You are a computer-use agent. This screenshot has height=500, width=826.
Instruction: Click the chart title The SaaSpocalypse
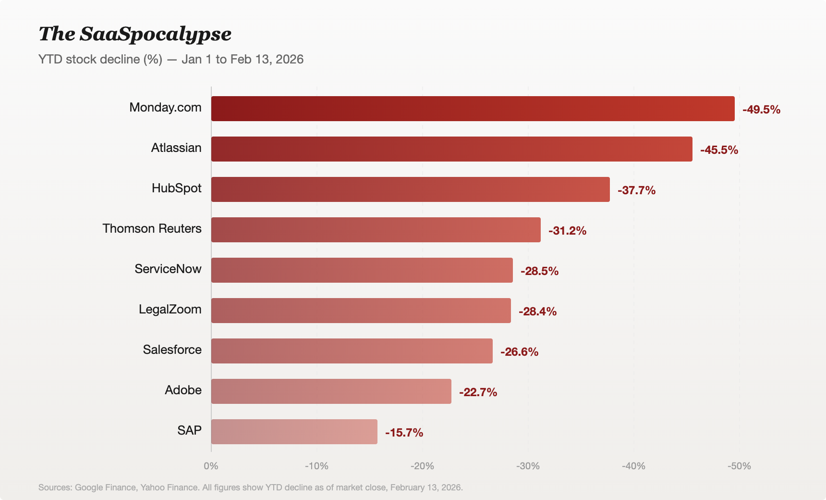[x=135, y=34]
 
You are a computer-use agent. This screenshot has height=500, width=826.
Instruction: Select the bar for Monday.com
[x=473, y=109]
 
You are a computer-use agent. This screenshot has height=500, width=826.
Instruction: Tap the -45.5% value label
[x=719, y=150]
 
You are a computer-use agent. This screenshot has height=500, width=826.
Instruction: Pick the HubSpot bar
[x=410, y=189]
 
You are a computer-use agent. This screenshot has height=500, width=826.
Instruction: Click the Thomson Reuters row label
[x=152, y=228]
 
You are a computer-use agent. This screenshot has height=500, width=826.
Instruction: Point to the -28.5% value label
[x=539, y=271]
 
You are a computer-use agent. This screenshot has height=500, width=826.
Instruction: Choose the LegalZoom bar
[x=361, y=311]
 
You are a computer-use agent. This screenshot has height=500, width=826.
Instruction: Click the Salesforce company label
[x=172, y=350]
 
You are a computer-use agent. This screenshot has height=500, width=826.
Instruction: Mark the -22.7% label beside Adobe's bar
[x=478, y=392]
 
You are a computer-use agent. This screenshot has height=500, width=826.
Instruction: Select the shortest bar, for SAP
[x=294, y=432]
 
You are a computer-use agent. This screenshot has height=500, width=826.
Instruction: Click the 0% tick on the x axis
[x=211, y=466]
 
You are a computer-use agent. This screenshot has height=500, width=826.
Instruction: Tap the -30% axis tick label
[x=528, y=466]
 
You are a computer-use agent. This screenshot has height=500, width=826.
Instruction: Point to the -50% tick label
[x=739, y=466]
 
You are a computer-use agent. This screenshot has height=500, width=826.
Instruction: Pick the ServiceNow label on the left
[x=168, y=269]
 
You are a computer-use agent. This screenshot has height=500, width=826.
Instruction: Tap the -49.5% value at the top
[x=761, y=110]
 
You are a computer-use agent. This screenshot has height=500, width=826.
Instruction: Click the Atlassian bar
[x=451, y=149]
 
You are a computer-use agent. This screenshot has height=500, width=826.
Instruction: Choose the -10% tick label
[x=316, y=466]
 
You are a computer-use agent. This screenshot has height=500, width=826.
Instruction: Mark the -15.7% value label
[x=404, y=433]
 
